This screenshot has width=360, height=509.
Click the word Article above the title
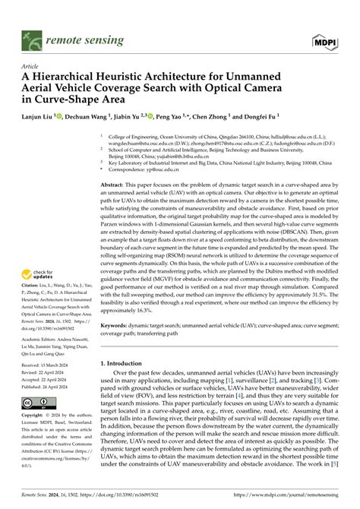point(33,66)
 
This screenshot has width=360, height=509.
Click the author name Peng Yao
point(169,119)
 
